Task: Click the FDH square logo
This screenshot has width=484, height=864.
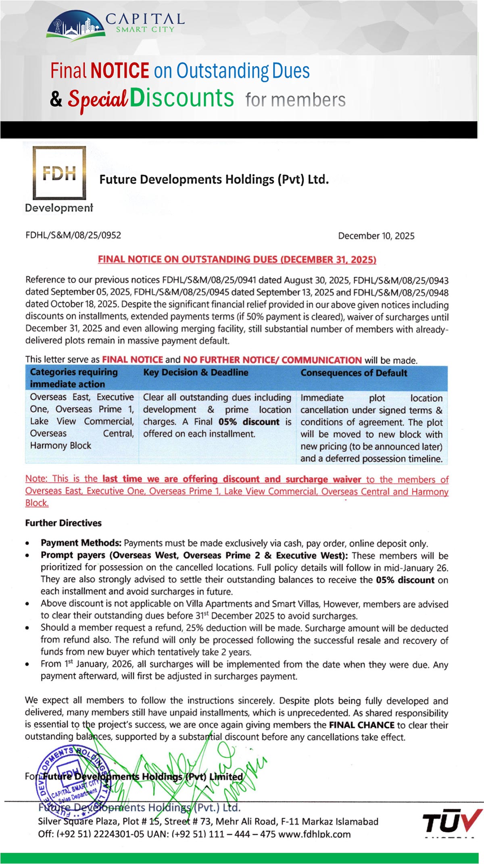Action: pyautogui.click(x=59, y=173)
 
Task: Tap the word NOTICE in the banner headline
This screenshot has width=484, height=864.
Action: pyautogui.click(x=120, y=71)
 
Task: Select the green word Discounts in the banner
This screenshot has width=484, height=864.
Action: pyautogui.click(x=181, y=98)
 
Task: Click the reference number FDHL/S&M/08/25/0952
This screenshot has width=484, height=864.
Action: pyautogui.click(x=73, y=235)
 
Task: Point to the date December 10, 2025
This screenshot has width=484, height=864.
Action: pyautogui.click(x=376, y=236)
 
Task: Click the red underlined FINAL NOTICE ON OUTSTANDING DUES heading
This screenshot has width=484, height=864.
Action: pyautogui.click(x=237, y=259)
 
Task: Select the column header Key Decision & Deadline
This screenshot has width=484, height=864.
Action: pyautogui.click(x=196, y=372)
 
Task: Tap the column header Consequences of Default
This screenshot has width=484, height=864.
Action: pyautogui.click(x=353, y=373)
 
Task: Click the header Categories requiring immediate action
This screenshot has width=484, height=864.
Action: pyautogui.click(x=73, y=378)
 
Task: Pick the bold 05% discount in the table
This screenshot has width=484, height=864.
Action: pyautogui.click(x=249, y=422)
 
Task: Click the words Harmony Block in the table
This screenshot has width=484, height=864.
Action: pyautogui.click(x=60, y=446)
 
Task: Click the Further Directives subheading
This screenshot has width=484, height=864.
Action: pyautogui.click(x=63, y=523)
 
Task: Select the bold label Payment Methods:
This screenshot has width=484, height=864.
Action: pyautogui.click(x=81, y=543)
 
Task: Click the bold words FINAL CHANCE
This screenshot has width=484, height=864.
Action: pyautogui.click(x=361, y=725)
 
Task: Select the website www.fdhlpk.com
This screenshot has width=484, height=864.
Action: pyautogui.click(x=314, y=834)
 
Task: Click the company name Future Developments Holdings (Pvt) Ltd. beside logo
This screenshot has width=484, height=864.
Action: pyautogui.click(x=214, y=179)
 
